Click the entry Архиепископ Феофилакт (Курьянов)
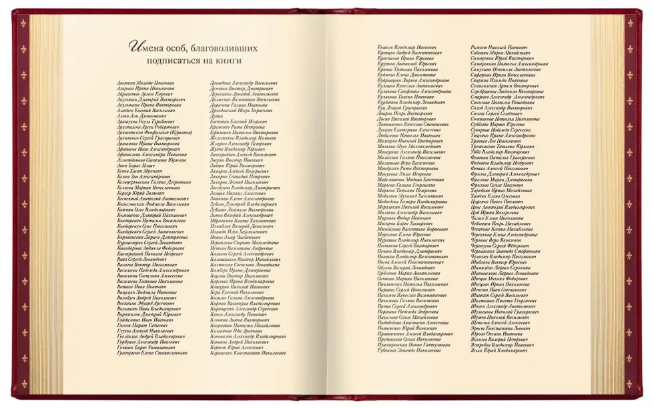pyautogui.click(x=156, y=132)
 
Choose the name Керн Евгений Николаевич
pyautogui.click(x=236, y=292)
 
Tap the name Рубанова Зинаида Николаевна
pyautogui.click(x=410, y=350)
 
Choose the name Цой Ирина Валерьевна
pyautogui.click(x=494, y=212)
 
